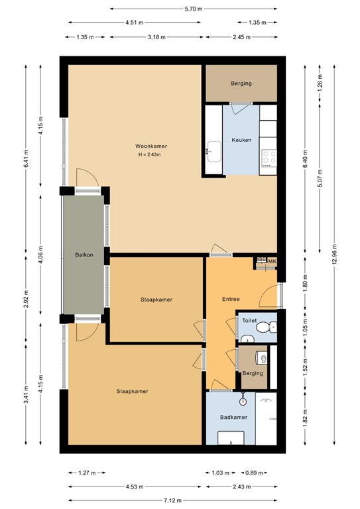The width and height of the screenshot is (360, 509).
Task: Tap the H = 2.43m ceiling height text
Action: (149, 154)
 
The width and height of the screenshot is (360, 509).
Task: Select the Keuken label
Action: (241, 140)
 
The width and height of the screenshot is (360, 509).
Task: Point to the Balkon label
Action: (84, 254)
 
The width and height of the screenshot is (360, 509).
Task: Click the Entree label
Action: (230, 299)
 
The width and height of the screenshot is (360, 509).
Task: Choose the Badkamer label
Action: (233, 418)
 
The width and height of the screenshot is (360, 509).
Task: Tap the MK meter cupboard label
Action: (272, 262)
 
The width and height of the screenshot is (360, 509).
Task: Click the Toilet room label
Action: (249, 320)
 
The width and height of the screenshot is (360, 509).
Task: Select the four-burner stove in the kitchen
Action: (269, 156)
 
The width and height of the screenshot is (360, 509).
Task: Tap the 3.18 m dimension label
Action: (156, 37)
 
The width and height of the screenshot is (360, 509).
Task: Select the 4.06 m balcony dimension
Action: (40, 254)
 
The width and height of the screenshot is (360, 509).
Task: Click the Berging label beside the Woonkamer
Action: (241, 84)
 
